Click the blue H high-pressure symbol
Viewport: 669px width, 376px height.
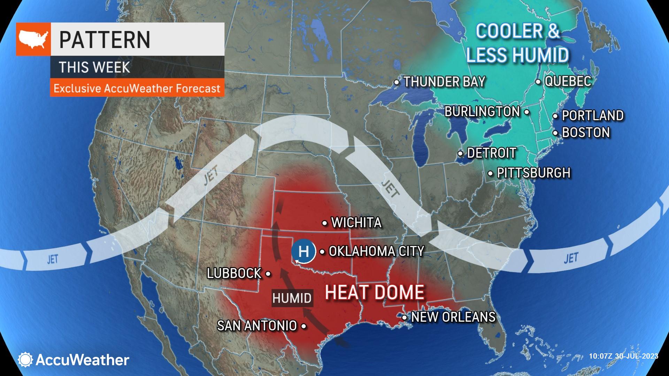pyautogui.click(x=303, y=251)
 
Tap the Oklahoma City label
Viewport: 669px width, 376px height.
pyautogui.click(x=376, y=251)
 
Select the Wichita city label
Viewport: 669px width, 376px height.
pyautogui.click(x=356, y=223)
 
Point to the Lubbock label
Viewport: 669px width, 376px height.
pyautogui.click(x=234, y=274)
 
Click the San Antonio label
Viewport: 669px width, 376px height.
pyautogui.click(x=257, y=326)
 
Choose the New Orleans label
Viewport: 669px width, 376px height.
pyautogui.click(x=453, y=317)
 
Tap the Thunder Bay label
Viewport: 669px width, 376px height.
pyautogui.click(x=444, y=82)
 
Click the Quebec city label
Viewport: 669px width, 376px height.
pyautogui.click(x=568, y=81)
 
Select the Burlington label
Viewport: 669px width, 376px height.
pyautogui.click(x=482, y=112)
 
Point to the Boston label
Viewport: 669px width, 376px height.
pyautogui.click(x=586, y=133)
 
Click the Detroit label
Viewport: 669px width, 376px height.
pyautogui.click(x=491, y=153)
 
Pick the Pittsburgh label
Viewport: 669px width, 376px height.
pyautogui.click(x=533, y=173)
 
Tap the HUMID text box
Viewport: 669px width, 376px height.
pyautogui.click(x=292, y=298)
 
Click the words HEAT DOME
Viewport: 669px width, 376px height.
pyautogui.click(x=375, y=292)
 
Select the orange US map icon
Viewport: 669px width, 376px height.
pyautogui.click(x=33, y=39)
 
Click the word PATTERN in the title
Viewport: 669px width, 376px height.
pyautogui.click(x=105, y=39)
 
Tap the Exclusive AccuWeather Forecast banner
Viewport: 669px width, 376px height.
pyautogui.click(x=137, y=88)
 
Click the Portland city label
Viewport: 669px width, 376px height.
pyautogui.click(x=592, y=116)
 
